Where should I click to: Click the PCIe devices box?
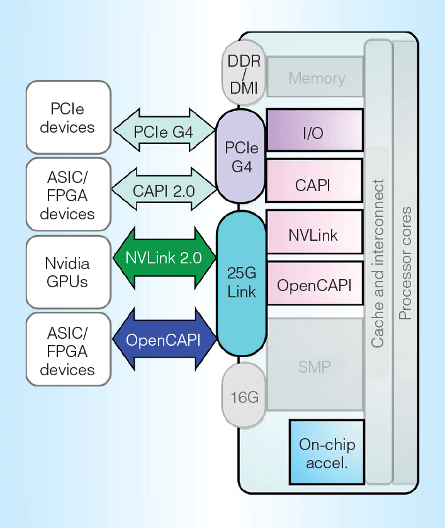click(68, 118)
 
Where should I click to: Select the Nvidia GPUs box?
click(68, 272)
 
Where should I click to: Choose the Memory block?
click(315, 78)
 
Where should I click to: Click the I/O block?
click(315, 130)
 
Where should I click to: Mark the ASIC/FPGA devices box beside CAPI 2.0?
click(68, 194)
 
